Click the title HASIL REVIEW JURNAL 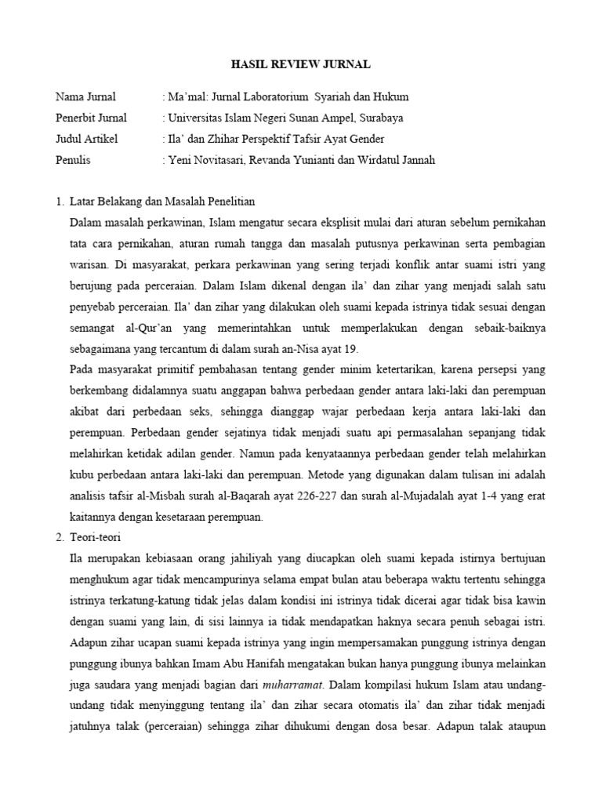tap(301, 64)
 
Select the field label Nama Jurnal tap(85, 97)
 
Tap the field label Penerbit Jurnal tap(91, 118)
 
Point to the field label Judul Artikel tap(87, 140)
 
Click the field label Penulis tap(73, 161)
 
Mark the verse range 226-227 tap(310, 496)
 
